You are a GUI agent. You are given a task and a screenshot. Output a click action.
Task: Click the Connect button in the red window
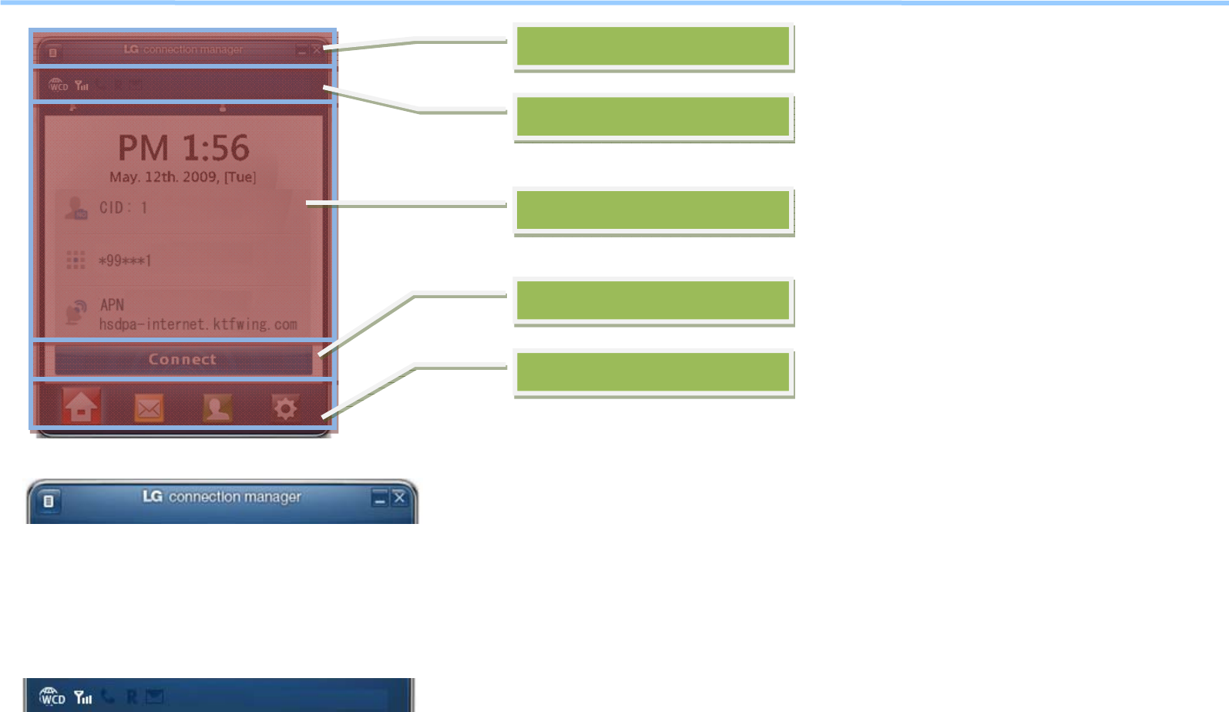(x=183, y=360)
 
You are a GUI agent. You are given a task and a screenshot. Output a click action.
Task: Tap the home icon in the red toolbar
(x=81, y=407)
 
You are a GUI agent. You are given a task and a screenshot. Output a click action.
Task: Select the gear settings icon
(x=284, y=408)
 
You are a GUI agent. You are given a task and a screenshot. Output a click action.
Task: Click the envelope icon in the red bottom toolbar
(x=149, y=408)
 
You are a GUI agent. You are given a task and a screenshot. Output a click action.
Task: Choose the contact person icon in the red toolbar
(x=217, y=408)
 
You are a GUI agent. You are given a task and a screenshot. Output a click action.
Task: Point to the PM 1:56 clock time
(x=183, y=148)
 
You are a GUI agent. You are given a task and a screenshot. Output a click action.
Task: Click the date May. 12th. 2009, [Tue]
(x=183, y=177)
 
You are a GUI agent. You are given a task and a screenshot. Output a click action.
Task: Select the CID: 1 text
(x=123, y=208)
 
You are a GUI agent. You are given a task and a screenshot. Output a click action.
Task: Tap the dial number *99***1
(x=125, y=260)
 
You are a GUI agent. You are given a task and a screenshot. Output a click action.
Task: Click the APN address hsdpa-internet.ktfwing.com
(x=198, y=324)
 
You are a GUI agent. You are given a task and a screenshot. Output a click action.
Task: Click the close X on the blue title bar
(x=399, y=498)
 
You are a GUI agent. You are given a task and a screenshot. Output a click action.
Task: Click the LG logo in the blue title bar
(x=152, y=497)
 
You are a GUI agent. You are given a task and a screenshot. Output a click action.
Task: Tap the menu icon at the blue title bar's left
(x=49, y=502)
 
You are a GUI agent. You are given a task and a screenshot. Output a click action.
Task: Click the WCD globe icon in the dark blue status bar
(x=52, y=697)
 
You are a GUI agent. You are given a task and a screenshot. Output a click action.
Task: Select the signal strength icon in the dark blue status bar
(x=83, y=698)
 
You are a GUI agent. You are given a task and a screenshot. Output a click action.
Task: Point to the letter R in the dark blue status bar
(x=132, y=697)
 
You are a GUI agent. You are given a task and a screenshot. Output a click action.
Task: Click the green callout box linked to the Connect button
(x=653, y=301)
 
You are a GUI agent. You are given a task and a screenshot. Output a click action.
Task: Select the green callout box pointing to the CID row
(x=653, y=210)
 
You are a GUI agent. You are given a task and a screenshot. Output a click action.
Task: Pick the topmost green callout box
(x=653, y=46)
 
